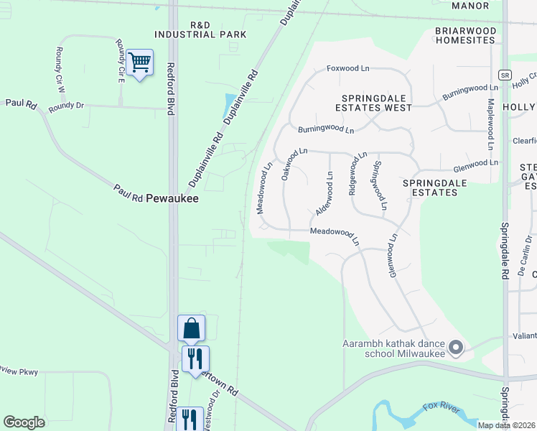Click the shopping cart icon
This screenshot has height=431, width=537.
(140, 63)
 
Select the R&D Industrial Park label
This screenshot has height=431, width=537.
(200, 29)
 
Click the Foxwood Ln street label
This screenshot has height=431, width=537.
(347, 68)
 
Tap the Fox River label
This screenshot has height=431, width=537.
(441, 408)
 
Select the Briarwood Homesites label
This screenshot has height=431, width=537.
(465, 36)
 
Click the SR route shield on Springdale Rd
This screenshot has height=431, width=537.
(505, 75)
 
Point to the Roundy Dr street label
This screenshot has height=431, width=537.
(66, 106)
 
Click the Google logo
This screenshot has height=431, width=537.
(24, 422)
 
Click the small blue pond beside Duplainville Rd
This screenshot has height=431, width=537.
(230, 105)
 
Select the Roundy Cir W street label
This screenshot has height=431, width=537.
(60, 69)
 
